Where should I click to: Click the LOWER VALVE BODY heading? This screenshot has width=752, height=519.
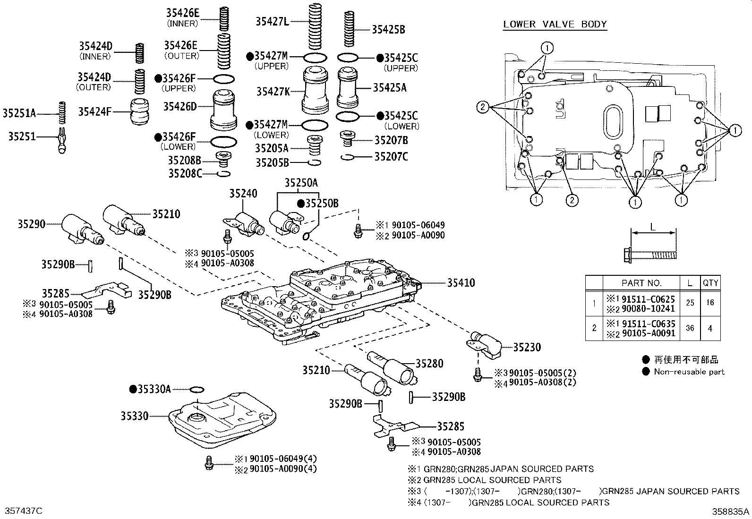tap(555, 24)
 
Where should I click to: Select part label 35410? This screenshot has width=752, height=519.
tap(461, 283)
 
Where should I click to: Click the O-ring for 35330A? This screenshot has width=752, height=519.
tap(197, 390)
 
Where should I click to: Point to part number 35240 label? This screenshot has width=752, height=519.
tap(243, 194)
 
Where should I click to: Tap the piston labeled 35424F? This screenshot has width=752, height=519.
tap(140, 111)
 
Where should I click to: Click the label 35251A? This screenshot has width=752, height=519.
tap(19, 113)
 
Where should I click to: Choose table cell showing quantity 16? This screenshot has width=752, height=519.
tap(710, 303)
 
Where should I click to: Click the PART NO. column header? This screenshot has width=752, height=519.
tap(641, 283)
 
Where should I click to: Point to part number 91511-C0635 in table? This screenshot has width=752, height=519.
tap(648, 323)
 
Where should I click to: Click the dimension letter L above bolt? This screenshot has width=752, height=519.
tap(653, 227)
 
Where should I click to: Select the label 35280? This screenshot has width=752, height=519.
tap(429, 363)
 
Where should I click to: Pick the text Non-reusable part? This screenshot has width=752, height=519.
tap(689, 372)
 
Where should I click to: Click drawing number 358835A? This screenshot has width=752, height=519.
tap(731, 511)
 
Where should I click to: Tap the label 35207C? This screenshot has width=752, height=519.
tap(391, 156)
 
